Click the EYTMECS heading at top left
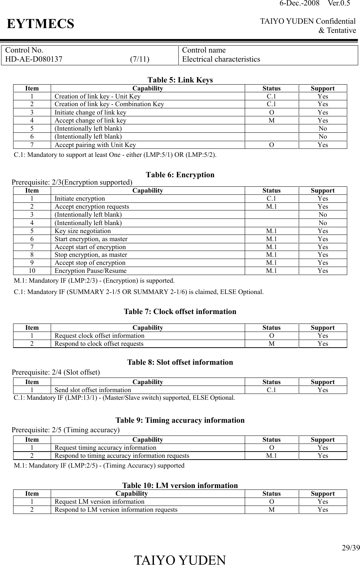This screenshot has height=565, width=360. pos(40,24)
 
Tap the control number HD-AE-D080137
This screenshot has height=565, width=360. pos(34,59)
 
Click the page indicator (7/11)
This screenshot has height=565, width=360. pos(140,59)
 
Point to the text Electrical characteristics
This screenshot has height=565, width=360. pos(221,59)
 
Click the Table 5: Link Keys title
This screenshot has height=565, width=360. pos(180,80)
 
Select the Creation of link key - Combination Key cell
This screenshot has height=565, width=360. pos(109,104)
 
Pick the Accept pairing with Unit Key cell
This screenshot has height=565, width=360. pos(95,145)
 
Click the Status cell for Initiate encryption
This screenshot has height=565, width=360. pos(271,198)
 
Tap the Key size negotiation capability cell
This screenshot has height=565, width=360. pos(83,231)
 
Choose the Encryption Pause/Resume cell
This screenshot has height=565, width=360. pos(90,271)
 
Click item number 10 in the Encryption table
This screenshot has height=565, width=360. pos(32,271)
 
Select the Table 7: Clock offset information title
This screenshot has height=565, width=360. pos(180,311)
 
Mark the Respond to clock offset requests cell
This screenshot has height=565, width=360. pos(99,344)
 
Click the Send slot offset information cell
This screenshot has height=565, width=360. pos(93,390)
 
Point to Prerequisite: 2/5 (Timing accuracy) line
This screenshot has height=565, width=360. pos(66,430)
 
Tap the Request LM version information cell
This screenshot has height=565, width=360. pos(99,502)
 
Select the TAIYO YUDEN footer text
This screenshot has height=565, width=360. pos(180,560)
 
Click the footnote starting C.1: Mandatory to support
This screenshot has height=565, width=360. pos(115,155)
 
